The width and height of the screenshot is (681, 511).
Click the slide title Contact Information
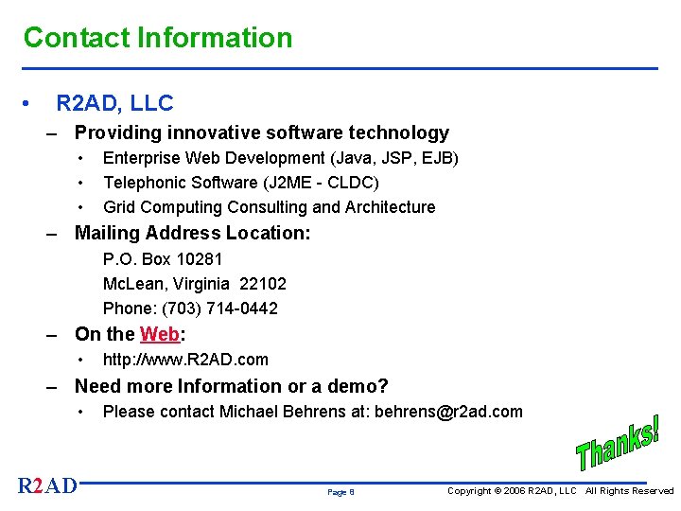click(x=158, y=38)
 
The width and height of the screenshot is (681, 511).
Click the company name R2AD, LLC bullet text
click(x=114, y=102)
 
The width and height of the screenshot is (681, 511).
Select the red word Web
click(x=160, y=334)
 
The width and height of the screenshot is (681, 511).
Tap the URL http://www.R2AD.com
click(x=185, y=360)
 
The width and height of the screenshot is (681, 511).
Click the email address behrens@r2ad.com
click(x=448, y=412)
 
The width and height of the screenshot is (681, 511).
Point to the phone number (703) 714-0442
click(x=220, y=308)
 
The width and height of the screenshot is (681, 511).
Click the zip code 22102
click(x=263, y=284)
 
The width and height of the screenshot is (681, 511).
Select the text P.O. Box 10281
click(x=163, y=259)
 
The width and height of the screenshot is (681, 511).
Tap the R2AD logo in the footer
click(x=47, y=486)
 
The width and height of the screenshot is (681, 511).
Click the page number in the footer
click(x=340, y=492)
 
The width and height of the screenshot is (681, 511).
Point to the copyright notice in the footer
click(x=560, y=491)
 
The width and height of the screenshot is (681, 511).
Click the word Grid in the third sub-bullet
click(x=120, y=207)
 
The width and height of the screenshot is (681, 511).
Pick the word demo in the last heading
click(x=350, y=386)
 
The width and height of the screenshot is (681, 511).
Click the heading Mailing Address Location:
click(x=192, y=233)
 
